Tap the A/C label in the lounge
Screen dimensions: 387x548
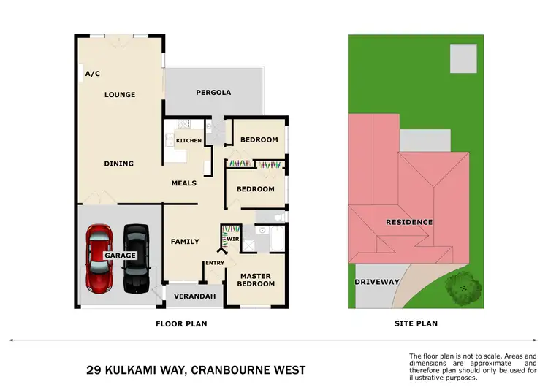pyautogui.click(x=92, y=74)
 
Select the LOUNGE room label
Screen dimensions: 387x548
pyautogui.click(x=120, y=95)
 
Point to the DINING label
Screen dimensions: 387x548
pyautogui.click(x=118, y=164)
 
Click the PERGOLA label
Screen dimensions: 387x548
pyautogui.click(x=213, y=93)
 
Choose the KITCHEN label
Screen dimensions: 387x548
pyautogui.click(x=189, y=140)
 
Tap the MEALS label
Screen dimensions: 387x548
pyautogui.click(x=184, y=183)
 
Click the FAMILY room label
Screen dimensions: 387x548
pyautogui.click(x=185, y=242)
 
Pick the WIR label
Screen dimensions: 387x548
pyautogui.click(x=234, y=238)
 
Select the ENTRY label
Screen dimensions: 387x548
pyautogui.click(x=215, y=264)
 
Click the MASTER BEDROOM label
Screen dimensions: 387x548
pyautogui.click(x=255, y=280)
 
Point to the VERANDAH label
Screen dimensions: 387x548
pyautogui.click(x=195, y=296)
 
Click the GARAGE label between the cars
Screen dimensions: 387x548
pyautogui.click(x=120, y=256)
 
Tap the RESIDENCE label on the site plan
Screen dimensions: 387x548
pyautogui.click(x=410, y=222)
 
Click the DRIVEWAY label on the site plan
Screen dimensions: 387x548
pyautogui.click(x=377, y=282)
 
